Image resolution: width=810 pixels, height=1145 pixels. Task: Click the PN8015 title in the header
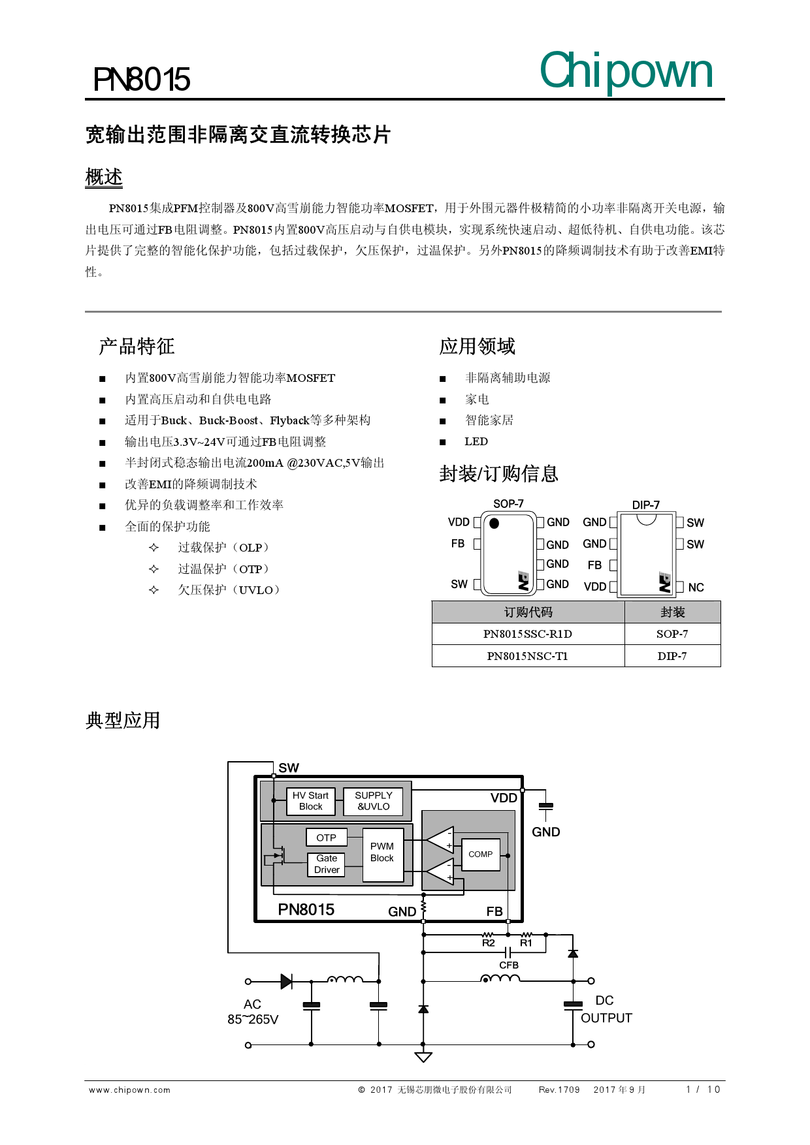[x=141, y=80]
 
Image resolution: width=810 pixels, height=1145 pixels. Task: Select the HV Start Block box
[x=310, y=801]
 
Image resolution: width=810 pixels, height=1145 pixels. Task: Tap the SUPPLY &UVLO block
[x=373, y=801]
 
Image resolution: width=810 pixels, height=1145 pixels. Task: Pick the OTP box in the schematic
[x=326, y=838]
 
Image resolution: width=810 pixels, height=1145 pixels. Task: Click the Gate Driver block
[x=327, y=864]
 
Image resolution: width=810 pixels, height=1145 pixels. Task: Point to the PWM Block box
[x=382, y=852]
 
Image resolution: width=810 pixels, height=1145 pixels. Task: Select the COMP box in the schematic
[x=481, y=854]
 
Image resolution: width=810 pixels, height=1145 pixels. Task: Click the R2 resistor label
[x=489, y=943]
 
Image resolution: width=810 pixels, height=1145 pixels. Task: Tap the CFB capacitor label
[x=509, y=965]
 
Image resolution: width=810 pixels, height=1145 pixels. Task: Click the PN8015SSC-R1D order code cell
[x=528, y=634]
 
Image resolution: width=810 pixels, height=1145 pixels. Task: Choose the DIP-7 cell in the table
[x=672, y=656]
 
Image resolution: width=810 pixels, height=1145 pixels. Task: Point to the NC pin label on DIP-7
[x=696, y=588]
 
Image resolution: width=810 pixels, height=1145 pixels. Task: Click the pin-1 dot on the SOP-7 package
[x=494, y=523]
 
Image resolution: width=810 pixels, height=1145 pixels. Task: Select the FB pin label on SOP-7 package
[x=458, y=544]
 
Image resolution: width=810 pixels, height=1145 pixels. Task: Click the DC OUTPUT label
[x=606, y=1009]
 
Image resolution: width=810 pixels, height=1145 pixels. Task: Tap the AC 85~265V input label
[x=253, y=1012]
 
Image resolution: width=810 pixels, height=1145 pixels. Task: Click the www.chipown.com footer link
[x=129, y=1090]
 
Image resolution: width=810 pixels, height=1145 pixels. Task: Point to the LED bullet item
[x=476, y=442]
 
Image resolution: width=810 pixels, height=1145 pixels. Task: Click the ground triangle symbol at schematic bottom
[x=423, y=1057]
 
